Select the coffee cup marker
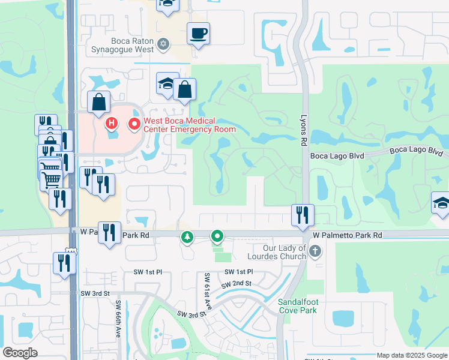tap(197, 34)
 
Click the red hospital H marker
tap(111, 124)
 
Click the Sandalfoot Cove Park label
tap(297, 306)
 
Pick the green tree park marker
tap(188, 238)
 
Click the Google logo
tap(20, 353)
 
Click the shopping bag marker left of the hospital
tap(98, 103)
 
